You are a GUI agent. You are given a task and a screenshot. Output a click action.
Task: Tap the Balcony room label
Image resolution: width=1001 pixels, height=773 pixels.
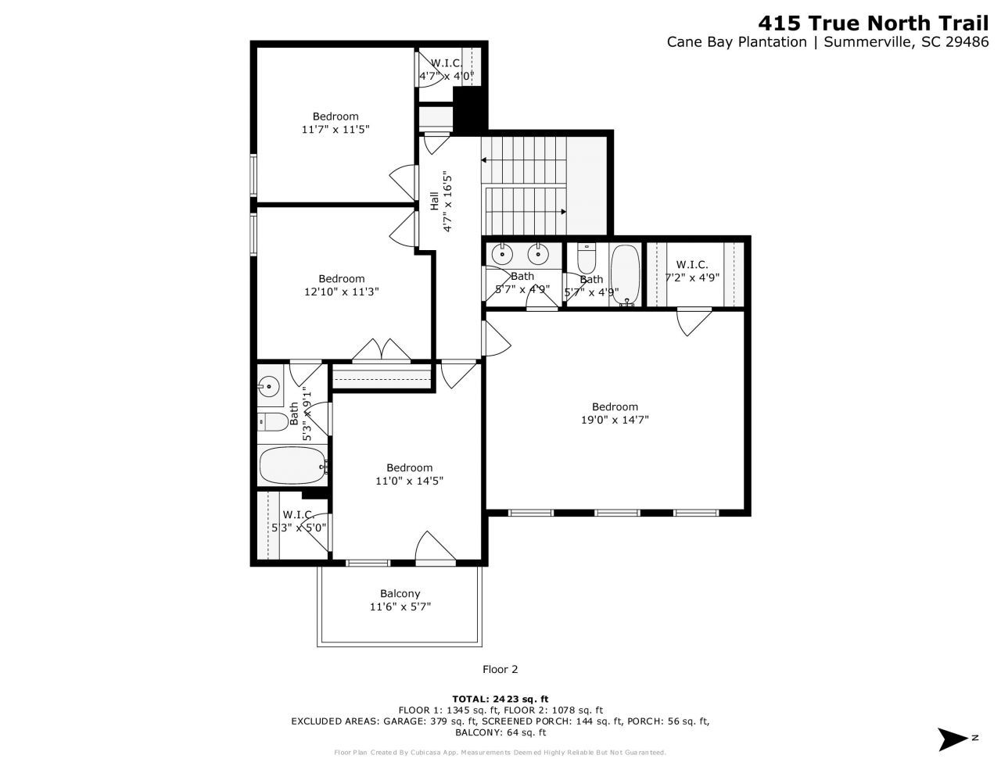click(400, 593)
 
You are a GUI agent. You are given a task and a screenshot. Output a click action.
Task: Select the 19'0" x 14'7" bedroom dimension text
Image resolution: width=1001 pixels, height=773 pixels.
click(615, 420)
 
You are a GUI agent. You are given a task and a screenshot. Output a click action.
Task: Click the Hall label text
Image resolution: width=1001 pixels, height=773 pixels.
click(435, 201)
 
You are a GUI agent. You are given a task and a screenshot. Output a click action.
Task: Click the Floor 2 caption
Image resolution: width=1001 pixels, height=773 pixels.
click(500, 669)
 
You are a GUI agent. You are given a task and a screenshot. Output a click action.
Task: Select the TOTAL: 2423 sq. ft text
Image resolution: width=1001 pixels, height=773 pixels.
click(500, 698)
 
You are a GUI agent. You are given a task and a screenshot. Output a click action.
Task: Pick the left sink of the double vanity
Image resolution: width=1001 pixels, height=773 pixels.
click(501, 254)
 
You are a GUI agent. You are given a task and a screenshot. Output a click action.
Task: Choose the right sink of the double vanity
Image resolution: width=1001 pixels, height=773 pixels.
click(537, 254)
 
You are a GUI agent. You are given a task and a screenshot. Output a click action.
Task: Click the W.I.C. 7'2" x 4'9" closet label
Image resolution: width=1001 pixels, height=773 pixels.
click(692, 270)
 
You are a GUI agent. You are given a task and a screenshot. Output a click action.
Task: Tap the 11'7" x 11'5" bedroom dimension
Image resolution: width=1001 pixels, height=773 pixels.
click(335, 130)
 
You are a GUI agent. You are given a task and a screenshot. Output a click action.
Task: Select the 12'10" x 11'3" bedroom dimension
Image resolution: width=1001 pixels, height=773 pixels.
click(341, 292)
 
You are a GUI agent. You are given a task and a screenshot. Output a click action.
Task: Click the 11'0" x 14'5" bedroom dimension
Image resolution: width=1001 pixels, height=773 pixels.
click(409, 481)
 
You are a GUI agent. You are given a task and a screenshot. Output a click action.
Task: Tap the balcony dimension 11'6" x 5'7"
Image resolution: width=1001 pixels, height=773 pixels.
click(400, 607)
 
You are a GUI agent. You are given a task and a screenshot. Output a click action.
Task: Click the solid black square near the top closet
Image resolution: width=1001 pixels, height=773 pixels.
click(470, 109)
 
